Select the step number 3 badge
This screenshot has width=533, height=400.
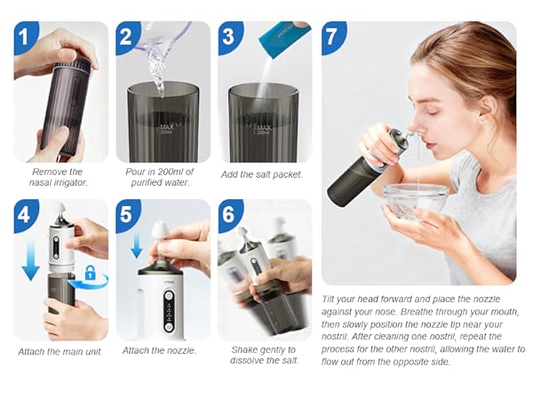pos(231,36)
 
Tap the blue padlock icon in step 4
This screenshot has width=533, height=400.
pos(89,272)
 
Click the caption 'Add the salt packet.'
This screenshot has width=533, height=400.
pos(265,174)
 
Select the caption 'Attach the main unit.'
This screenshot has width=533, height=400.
pos(60,351)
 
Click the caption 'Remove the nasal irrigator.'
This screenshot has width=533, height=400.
pos(58,177)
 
